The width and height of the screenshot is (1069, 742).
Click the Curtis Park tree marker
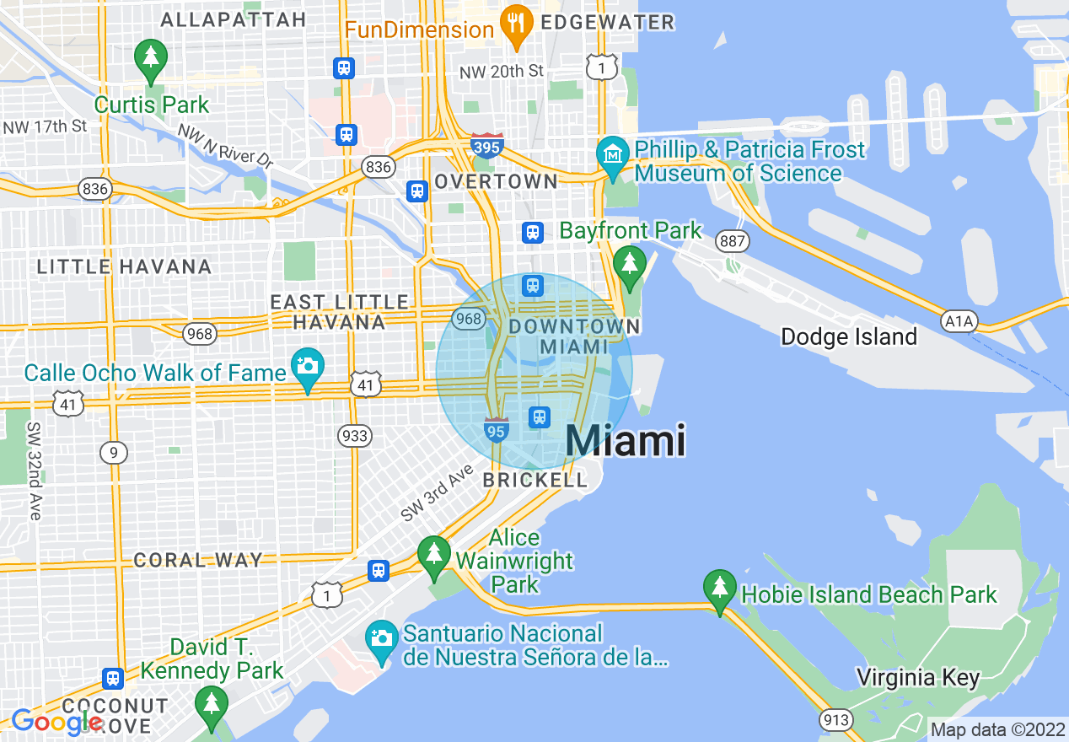[151, 58]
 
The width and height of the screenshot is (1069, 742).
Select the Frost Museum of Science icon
[613, 155]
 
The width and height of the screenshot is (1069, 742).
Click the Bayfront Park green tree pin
[629, 265]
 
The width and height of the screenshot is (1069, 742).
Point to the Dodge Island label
[848, 336]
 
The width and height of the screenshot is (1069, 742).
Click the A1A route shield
[959, 320]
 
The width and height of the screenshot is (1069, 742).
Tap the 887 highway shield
[733, 242]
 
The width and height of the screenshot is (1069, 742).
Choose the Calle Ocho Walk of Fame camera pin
[308, 367]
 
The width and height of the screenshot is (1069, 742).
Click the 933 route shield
[354, 435]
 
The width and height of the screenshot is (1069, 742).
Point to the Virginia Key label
[918, 677]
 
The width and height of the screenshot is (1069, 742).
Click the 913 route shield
[835, 719]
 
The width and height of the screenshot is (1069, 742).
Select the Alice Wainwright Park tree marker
[434, 555]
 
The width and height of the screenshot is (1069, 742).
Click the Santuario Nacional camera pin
[382, 639]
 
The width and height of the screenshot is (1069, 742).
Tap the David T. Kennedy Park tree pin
[211, 704]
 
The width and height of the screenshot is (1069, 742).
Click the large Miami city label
[625, 441]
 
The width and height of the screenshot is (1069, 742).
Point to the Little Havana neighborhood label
[124, 267]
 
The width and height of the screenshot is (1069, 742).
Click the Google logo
[57, 722]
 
